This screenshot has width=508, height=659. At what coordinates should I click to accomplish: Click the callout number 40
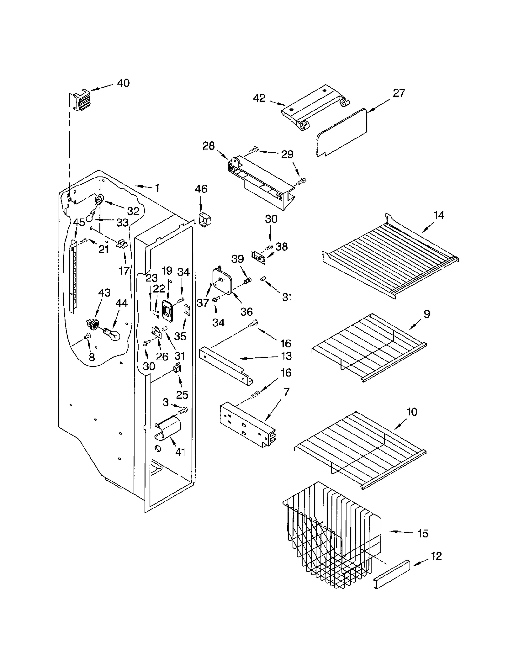123,83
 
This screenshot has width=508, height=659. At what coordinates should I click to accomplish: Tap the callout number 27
399,93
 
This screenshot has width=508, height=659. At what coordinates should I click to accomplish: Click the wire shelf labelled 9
368,346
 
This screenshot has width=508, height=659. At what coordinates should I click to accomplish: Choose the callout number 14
438,215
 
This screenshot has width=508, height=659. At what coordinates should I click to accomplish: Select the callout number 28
209,146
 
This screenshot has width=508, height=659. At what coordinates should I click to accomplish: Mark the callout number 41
180,452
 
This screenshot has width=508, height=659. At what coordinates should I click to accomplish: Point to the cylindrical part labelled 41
168,429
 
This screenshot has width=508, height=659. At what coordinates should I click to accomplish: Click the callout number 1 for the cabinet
157,188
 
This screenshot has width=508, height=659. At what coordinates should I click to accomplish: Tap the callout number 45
79,222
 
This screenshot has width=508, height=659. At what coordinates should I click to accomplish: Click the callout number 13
286,356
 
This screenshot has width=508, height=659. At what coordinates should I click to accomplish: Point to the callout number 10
411,412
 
